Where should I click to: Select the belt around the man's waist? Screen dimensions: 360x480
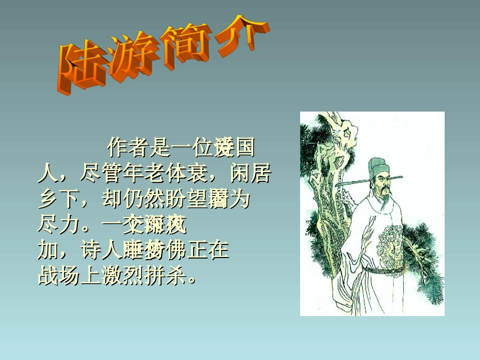(384, 270)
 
